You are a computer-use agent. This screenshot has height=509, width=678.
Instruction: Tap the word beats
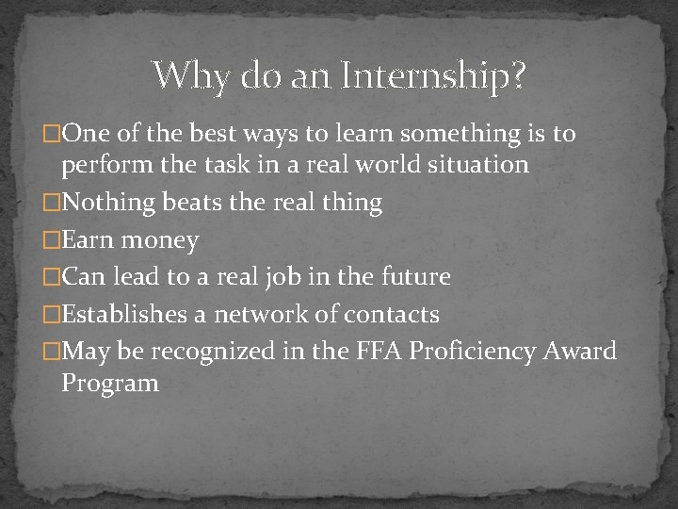188,202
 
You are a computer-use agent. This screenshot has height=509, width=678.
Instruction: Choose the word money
159,240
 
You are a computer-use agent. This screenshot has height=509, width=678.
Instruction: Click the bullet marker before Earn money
53,240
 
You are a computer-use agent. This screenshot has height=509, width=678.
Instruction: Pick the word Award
581,352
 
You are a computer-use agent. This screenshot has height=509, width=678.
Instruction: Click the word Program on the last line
109,384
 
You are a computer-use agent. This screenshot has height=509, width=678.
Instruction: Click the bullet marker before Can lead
53,277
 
